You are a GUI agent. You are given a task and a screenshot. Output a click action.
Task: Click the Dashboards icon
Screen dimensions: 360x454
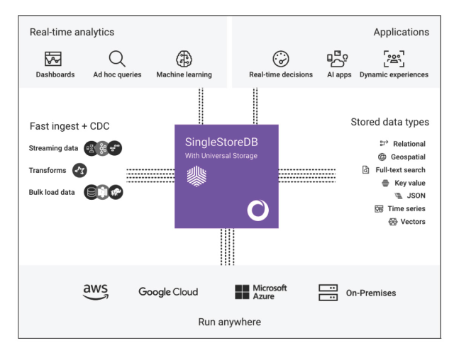tap(53, 59)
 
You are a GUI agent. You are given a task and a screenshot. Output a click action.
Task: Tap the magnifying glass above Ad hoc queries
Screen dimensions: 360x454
tap(117, 59)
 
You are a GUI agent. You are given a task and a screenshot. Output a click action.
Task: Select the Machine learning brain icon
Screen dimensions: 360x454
tap(184, 59)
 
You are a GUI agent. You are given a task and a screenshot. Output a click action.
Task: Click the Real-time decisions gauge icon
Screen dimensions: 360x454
tap(281, 59)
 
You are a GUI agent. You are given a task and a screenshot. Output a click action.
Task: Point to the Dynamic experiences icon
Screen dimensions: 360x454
tap(394, 59)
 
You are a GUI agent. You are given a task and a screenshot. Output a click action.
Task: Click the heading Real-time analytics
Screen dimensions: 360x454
tap(72, 32)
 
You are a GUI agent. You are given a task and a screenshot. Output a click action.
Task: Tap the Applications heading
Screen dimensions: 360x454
tap(401, 32)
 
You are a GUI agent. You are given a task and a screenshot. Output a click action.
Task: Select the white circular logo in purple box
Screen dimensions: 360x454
tap(258, 210)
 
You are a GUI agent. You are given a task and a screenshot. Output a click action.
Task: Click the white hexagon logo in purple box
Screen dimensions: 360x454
tap(196, 177)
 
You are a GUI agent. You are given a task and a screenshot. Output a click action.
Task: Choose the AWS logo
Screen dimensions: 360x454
tap(96, 291)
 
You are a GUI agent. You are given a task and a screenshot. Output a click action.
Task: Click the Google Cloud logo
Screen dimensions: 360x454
tap(168, 292)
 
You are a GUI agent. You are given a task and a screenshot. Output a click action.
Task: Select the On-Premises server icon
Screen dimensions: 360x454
tap(328, 292)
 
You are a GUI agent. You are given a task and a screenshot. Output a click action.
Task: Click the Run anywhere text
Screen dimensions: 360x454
tap(229, 322)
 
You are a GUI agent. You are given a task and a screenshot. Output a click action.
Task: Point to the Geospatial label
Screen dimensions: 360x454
tap(408, 157)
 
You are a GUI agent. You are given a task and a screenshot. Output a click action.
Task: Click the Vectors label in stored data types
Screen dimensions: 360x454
tap(413, 222)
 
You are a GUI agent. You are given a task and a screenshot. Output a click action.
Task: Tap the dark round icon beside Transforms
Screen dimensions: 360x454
tap(80, 170)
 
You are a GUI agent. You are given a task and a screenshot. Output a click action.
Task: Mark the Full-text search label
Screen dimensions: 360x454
tap(400, 170)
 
